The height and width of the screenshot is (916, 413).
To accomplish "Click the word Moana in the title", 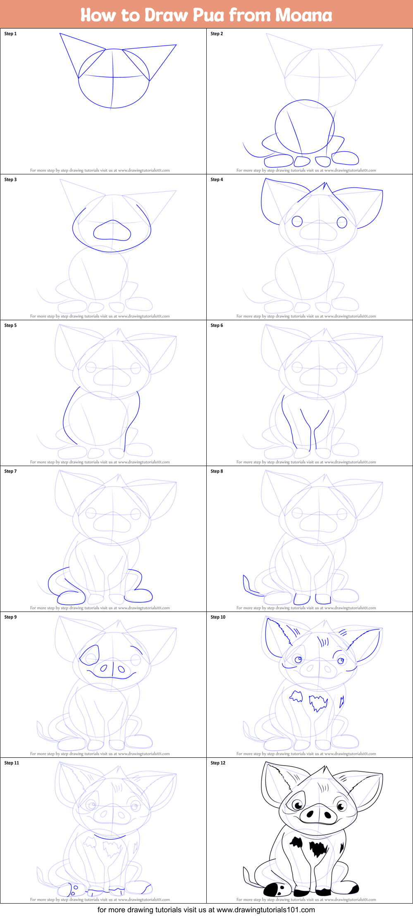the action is [304, 15].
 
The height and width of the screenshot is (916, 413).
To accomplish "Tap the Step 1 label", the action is [10, 33].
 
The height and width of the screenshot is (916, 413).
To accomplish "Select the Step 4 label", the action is [217, 179].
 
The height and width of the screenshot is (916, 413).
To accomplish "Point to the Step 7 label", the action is [10, 471].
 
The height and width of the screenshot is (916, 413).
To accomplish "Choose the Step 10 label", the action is [218, 617].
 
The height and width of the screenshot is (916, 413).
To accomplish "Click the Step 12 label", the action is [218, 763].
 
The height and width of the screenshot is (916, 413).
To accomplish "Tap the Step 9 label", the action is [10, 617].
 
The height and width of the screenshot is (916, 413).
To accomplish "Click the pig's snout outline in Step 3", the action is [112, 230].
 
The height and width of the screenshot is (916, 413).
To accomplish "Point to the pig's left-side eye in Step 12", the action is [297, 804].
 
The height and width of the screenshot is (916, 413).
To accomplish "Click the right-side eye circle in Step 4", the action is [342, 222].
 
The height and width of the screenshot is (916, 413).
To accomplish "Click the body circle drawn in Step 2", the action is [305, 127].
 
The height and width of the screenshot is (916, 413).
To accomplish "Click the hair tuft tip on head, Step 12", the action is [325, 766].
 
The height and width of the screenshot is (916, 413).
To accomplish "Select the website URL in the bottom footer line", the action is [266, 909].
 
